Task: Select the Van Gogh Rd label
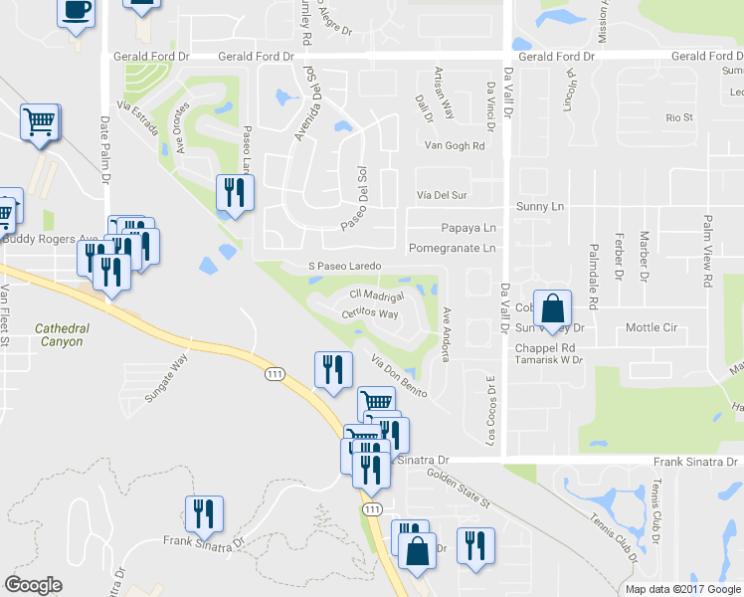[454, 145]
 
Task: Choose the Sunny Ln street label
[539, 206]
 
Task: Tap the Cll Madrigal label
[376, 296]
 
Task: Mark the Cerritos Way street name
[371, 312]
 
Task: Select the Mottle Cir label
[651, 327]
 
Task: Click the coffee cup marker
[77, 12]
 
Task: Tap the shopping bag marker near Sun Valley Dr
[551, 307]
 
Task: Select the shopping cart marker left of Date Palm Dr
[40, 122]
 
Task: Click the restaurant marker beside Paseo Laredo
[235, 192]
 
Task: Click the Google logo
[33, 585]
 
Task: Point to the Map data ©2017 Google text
[681, 589]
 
